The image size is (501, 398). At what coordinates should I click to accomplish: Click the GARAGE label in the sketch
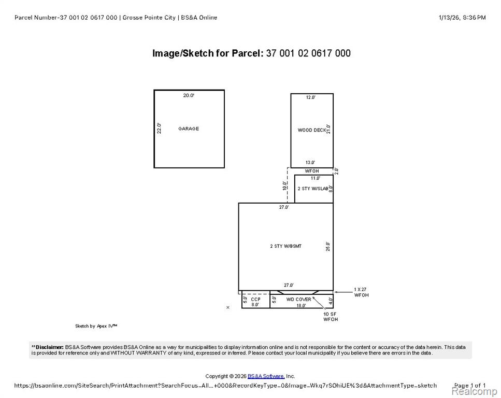(x=189, y=129)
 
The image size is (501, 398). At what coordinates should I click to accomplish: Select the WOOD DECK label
(x=312, y=130)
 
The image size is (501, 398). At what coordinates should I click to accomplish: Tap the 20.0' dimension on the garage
(x=189, y=95)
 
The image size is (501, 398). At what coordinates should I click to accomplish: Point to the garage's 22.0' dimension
(x=159, y=128)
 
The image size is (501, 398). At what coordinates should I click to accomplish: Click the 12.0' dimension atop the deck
(x=310, y=97)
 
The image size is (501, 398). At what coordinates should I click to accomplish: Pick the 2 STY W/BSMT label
(x=285, y=246)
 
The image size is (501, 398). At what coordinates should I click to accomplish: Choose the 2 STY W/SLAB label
(x=313, y=189)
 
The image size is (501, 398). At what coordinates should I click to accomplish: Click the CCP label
(x=255, y=299)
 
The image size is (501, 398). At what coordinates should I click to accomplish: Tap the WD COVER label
(x=298, y=299)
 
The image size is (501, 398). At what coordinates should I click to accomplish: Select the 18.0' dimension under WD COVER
(x=301, y=305)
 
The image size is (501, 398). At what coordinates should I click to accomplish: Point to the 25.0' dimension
(x=328, y=247)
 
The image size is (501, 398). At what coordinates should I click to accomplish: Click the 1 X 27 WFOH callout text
(x=361, y=292)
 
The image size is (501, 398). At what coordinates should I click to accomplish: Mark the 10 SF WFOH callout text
(x=331, y=317)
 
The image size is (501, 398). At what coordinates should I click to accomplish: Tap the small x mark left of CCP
(x=228, y=307)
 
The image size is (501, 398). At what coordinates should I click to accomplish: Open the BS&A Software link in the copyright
(x=266, y=376)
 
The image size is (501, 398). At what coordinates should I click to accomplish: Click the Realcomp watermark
(x=474, y=391)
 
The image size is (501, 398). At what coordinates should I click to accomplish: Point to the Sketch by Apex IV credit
(x=96, y=326)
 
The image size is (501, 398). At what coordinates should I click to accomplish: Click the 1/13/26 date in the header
(x=449, y=18)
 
